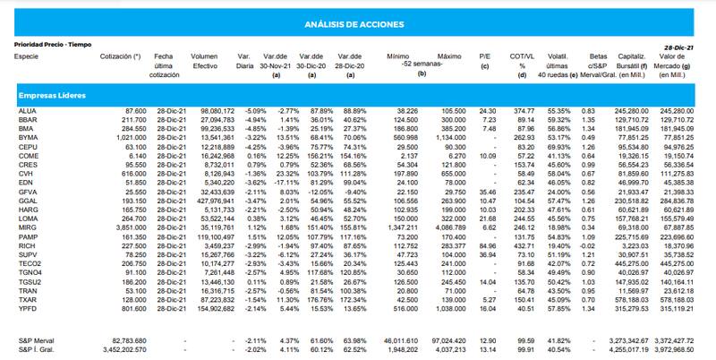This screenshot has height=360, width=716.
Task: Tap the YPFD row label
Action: pos(26,308)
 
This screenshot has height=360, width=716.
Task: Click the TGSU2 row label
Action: pos(29,282)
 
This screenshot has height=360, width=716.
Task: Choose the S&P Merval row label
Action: pos(35,341)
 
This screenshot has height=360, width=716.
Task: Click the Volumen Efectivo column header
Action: pos(205,60)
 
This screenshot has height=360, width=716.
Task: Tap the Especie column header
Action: pos(26,56)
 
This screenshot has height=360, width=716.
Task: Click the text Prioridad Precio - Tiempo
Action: pos(54,44)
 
